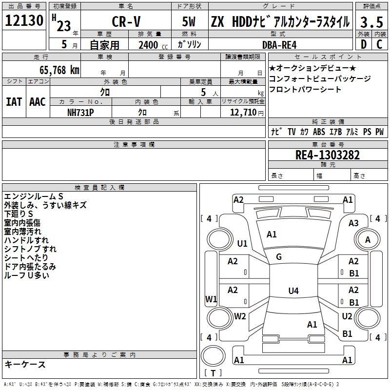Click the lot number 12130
pos(24,20)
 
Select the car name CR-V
pos(126,21)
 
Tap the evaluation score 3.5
pos(371,22)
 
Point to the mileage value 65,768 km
pos(59,70)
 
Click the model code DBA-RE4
pos(279,45)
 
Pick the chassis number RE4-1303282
pos(328,155)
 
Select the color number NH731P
pos(80,113)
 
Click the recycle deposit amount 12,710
pos(243,112)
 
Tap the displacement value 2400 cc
pos(153,45)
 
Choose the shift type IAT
pos(14,102)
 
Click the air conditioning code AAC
pos(38,102)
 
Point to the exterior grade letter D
pos(364,44)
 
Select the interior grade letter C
pos(379,44)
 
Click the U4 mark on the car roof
pos(293,291)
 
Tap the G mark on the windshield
pos(279,257)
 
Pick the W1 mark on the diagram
pos(211,299)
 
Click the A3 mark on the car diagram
pos(353,223)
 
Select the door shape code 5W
pos(189,21)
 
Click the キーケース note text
pos(25,364)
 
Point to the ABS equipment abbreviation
pos(319,132)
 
